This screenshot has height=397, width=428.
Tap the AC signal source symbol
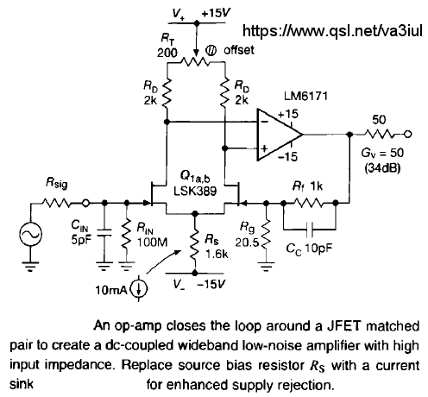click(30, 234)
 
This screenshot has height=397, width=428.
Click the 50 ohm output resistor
click(381, 134)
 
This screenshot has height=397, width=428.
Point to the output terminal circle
click(408, 134)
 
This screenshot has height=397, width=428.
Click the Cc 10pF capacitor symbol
click(310, 230)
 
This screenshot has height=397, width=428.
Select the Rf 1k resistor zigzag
click(309, 203)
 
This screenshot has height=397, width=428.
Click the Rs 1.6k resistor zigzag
click(195, 243)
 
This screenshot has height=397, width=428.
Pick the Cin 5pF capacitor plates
click(104, 233)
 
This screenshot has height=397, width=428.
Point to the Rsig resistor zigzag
click(56, 203)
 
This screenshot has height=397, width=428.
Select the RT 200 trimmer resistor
click(196, 61)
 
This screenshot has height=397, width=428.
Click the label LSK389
click(195, 191)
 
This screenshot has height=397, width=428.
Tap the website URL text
click(333, 30)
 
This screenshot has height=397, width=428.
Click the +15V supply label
click(216, 13)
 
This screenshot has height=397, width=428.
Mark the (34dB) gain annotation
click(382, 167)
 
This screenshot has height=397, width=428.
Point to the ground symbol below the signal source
click(30, 267)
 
